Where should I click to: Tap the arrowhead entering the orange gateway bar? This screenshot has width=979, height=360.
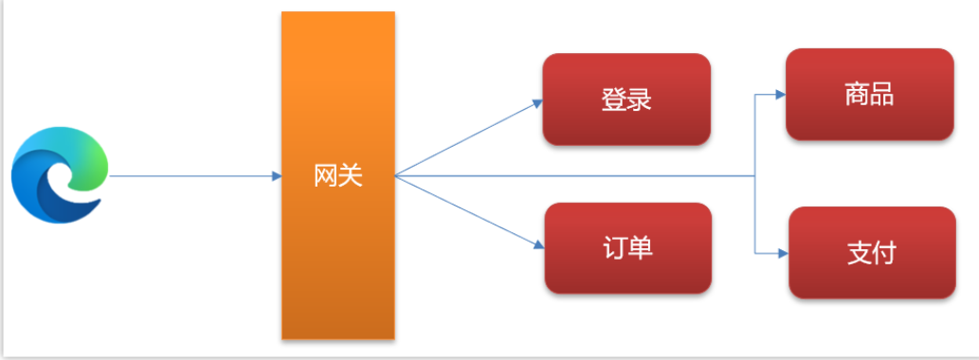tap(277, 176)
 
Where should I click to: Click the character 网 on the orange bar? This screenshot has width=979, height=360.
tap(326, 176)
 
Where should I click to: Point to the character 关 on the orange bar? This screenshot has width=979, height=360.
tap(351, 176)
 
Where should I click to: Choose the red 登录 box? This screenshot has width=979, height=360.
tap(626, 99)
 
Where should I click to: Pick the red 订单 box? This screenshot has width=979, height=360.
tap(627, 248)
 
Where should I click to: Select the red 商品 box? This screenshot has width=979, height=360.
tap(869, 95)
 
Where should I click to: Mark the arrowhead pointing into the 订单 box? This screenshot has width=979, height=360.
tap(538, 246)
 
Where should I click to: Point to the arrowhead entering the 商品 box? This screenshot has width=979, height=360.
tap(780, 95)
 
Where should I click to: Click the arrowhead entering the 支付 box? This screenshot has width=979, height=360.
tap(783, 253)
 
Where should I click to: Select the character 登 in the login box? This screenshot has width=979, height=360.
tap(613, 99)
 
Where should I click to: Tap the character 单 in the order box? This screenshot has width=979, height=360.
tap(641, 248)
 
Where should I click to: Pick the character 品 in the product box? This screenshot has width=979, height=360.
tap(882, 95)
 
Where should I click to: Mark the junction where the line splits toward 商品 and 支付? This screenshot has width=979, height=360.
tap(754, 176)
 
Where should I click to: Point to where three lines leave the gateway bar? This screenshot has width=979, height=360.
tap(395, 176)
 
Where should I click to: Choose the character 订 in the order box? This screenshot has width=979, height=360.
tap(614, 248)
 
